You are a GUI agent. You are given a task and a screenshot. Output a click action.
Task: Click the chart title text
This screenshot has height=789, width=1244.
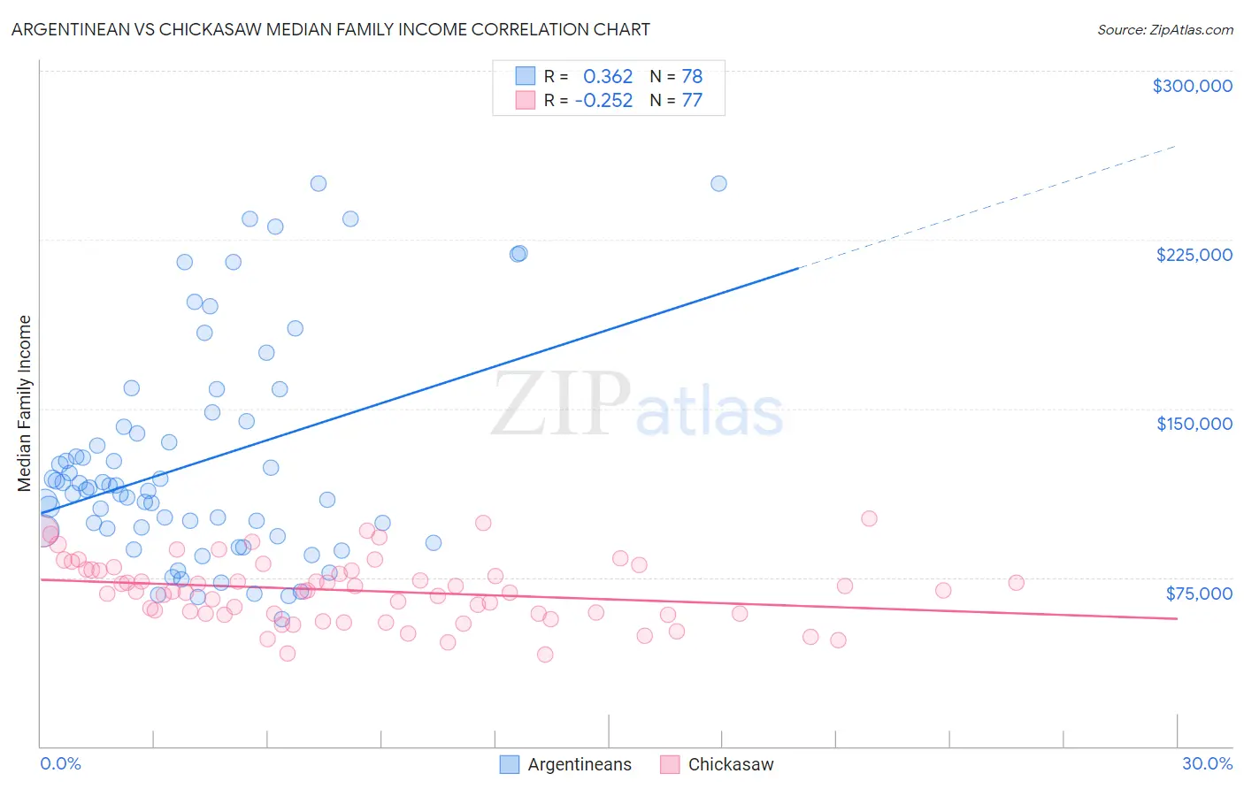tap(330, 29)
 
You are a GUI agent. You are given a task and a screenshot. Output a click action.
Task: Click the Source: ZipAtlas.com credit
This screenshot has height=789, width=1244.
tap(1164, 29)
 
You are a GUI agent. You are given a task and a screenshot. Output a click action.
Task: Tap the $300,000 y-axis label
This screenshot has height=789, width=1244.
tap(1192, 86)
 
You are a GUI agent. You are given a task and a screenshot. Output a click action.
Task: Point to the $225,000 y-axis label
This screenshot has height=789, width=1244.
tap(1194, 255)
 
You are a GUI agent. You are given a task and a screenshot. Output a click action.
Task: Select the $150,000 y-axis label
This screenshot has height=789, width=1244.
tap(1194, 424)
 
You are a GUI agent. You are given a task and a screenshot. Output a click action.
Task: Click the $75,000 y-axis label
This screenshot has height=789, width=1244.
tap(1198, 594)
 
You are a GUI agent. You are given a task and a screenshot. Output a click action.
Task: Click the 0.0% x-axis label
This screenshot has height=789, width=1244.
tap(60, 763)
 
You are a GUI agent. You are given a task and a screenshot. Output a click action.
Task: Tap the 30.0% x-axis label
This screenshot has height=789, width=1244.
tap(1207, 763)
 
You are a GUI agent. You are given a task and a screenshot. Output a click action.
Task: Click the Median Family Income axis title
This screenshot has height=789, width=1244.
tap(25, 403)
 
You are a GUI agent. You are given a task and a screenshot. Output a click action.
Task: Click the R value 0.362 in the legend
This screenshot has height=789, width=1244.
tap(608, 77)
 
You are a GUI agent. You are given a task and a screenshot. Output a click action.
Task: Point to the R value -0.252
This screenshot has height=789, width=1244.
tap(603, 101)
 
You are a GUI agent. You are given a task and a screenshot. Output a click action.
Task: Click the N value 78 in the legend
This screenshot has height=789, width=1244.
tap(692, 77)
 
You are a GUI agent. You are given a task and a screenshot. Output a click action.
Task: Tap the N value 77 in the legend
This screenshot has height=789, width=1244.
tap(692, 101)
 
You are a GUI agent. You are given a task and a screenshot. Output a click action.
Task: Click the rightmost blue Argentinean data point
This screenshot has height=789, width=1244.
tap(718, 184)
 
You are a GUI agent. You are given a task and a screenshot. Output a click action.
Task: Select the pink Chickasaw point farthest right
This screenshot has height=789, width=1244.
tap(1016, 583)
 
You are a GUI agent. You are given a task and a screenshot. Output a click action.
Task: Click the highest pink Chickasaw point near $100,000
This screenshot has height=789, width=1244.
tap(869, 519)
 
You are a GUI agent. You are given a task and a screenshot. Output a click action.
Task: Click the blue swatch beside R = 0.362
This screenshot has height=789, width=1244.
tap(526, 76)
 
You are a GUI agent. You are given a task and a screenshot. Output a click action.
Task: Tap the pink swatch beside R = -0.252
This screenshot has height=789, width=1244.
tap(526, 100)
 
